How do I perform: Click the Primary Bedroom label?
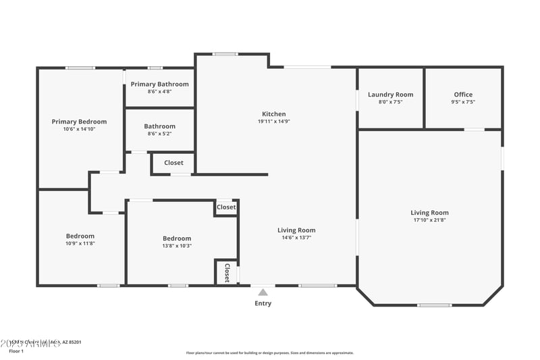(79, 122)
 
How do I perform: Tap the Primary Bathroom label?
(160, 84)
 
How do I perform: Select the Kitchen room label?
(274, 114)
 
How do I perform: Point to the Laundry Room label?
(390, 95)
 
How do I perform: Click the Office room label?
(463, 95)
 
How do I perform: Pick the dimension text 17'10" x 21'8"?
(430, 220)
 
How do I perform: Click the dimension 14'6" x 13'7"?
(296, 237)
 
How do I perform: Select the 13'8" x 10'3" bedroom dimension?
(177, 245)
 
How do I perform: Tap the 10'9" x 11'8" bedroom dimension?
(80, 243)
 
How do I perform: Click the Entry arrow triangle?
(263, 292)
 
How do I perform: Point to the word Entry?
(263, 303)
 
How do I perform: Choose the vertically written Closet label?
(227, 272)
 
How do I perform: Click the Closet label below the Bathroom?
(173, 163)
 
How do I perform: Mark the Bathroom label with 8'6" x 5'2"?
(159, 126)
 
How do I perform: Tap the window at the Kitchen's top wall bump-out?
(225, 54)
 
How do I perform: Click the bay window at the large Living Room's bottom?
(434, 305)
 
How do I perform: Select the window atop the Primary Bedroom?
(80, 68)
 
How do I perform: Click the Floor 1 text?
(16, 351)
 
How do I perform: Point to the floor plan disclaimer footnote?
(269, 353)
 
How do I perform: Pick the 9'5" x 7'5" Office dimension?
(463, 102)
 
